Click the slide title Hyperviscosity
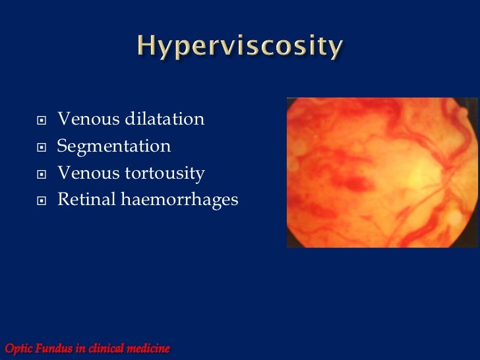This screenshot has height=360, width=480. (240, 47)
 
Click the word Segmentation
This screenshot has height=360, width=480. (114, 146)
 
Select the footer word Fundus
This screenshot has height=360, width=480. (53, 347)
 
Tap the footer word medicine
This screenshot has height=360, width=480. (149, 347)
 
